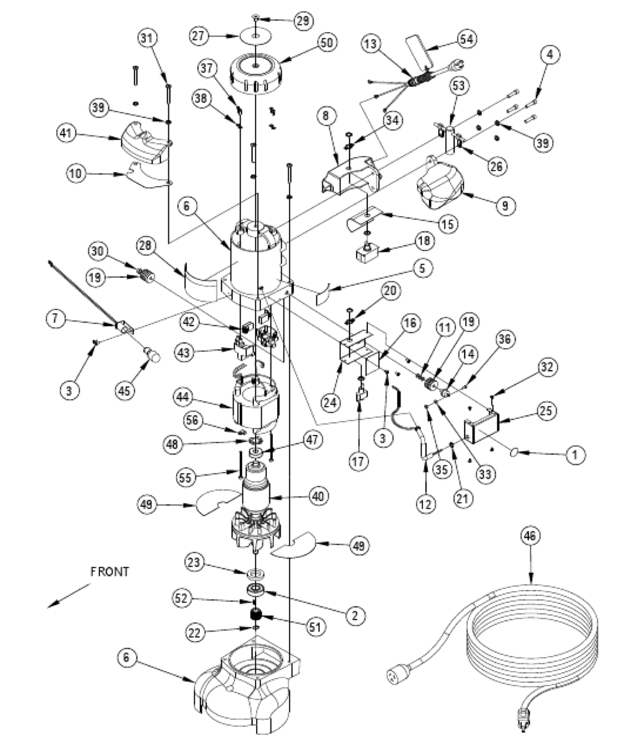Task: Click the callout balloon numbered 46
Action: tap(531, 537)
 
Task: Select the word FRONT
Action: tap(110, 572)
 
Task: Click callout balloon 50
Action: tap(326, 43)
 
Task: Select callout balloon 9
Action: tap(505, 205)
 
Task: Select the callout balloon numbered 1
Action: tap(575, 455)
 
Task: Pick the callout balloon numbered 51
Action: tap(315, 627)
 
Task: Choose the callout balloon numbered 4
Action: tap(549, 54)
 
